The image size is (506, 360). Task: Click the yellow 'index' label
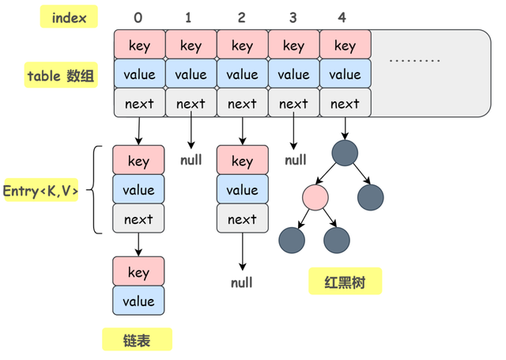[x=69, y=17]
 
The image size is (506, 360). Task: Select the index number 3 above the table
[x=293, y=17]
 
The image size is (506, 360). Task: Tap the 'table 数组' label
[x=61, y=75]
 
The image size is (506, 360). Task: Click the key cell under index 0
[x=140, y=44]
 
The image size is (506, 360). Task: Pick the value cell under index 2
[x=243, y=74]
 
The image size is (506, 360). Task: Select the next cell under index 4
[x=345, y=103]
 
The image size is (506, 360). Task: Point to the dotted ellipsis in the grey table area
[x=414, y=60]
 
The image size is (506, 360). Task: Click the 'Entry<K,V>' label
[x=40, y=190]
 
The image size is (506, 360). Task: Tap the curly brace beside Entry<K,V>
[x=95, y=190]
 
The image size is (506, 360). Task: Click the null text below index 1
[x=191, y=160]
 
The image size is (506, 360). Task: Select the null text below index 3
[x=296, y=160]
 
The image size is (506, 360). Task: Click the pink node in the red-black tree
[x=315, y=197]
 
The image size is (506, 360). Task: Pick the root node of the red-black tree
[x=345, y=153]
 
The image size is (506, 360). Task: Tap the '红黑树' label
[x=345, y=281]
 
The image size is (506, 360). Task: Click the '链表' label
[x=137, y=339]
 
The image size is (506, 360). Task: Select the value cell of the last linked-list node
[x=138, y=301]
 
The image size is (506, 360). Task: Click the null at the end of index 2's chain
[x=242, y=282]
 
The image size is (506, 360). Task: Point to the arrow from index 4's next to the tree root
[x=345, y=128]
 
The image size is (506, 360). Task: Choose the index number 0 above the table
[x=138, y=17]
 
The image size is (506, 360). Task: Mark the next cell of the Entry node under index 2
[x=243, y=218]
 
